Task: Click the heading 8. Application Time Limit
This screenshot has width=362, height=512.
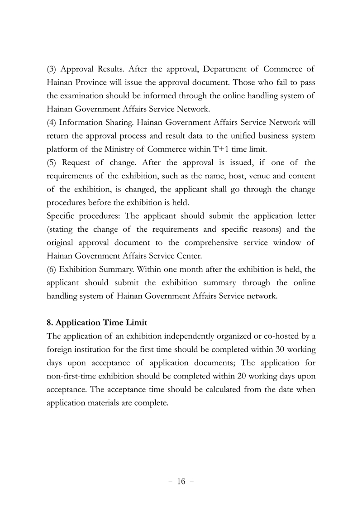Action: click(97, 323)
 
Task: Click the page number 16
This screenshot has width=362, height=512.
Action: click(181, 481)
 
